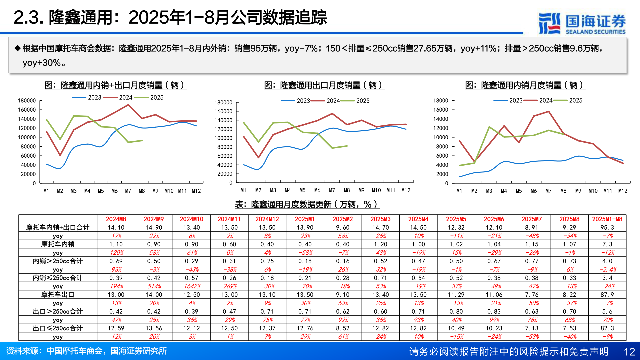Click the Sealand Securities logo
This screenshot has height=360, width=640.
(x=582, y=23)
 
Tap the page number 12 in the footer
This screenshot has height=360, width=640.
(x=629, y=352)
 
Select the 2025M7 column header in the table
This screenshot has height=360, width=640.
(x=532, y=219)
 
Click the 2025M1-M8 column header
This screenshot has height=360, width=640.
(x=607, y=219)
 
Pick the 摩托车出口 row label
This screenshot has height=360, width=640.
(x=58, y=295)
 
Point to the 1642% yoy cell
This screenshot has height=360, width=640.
(x=192, y=286)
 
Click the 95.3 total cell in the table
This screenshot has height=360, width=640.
(x=607, y=227)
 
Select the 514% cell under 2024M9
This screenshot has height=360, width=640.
(x=154, y=286)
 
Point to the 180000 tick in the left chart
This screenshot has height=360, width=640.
(x=27, y=101)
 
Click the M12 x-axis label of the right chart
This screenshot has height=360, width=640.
(x=622, y=191)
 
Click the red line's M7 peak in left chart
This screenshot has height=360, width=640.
(x=128, y=105)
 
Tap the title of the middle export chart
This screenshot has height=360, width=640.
(x=324, y=85)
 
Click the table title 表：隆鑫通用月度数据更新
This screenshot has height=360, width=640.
(x=307, y=204)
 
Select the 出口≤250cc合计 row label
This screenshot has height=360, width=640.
(x=58, y=328)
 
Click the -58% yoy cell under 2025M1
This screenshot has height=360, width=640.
(x=305, y=253)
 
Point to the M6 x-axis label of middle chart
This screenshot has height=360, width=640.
(x=317, y=190)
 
